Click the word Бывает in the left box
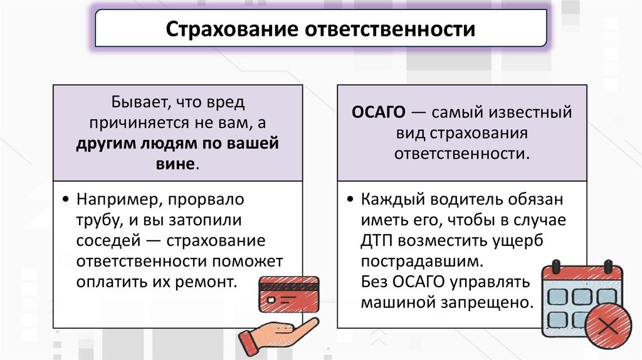tap(140, 102)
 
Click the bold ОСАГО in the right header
tap(377, 113)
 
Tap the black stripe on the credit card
tap(288, 285)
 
